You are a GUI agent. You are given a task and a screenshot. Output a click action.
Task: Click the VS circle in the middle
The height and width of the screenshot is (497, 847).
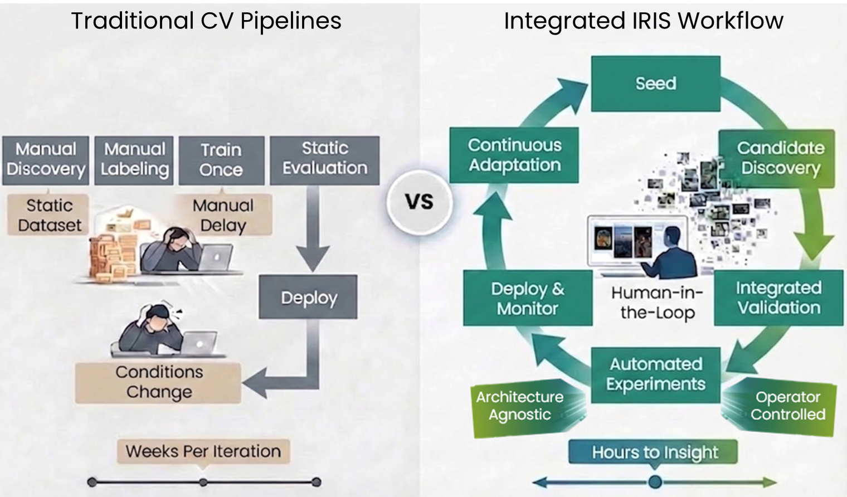(x=420, y=202)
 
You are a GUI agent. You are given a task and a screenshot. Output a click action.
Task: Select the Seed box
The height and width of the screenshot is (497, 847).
(x=656, y=84)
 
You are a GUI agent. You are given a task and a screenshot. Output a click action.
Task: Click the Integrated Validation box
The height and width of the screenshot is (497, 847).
(x=778, y=298)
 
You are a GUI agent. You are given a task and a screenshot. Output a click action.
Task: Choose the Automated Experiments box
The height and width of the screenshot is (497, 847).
(x=656, y=375)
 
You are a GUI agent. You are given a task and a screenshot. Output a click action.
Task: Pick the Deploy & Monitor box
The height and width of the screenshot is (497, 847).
(x=528, y=298)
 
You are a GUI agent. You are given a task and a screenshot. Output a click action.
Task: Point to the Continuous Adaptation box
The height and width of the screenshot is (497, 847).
(x=514, y=155)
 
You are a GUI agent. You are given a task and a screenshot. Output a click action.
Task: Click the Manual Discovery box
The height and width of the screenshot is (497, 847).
(x=46, y=160)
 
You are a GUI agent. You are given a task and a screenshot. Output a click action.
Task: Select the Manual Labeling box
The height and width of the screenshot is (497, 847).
(x=134, y=160)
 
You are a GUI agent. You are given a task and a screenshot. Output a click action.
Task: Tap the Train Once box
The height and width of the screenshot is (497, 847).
(x=222, y=160)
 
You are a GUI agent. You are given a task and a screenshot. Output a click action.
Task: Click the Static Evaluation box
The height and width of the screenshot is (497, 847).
(x=325, y=160)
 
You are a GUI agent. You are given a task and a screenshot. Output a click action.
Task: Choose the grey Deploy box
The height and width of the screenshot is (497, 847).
(x=308, y=296)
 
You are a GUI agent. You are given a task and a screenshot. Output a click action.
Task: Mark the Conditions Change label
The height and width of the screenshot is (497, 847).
(x=158, y=382)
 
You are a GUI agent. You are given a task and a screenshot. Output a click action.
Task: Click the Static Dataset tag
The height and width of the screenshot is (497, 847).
(x=48, y=215)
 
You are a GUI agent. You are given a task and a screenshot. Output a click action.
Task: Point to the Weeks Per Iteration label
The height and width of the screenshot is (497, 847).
(x=203, y=451)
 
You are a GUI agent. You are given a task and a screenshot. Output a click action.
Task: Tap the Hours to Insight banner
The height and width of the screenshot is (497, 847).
(x=653, y=452)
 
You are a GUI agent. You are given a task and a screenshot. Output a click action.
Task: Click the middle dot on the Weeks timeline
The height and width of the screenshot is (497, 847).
(x=203, y=483)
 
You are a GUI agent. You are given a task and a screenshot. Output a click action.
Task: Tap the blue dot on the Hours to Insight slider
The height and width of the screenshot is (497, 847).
(x=655, y=482)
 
